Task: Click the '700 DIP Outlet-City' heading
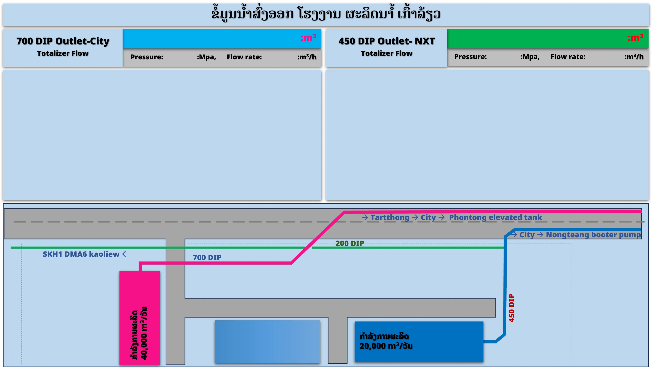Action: [x=63, y=41]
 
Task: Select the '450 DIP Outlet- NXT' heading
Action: [x=387, y=41]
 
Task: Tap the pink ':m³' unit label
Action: [x=308, y=38]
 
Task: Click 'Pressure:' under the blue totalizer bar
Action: [x=147, y=57]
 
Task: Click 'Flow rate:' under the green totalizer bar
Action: [x=568, y=57]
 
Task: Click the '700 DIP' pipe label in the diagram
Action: [x=207, y=258]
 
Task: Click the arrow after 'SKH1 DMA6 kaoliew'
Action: [x=125, y=254]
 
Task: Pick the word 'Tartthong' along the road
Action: [x=390, y=217]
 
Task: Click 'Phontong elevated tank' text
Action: [x=495, y=217]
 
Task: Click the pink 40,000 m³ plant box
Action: [x=140, y=318]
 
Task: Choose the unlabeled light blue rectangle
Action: [x=267, y=342]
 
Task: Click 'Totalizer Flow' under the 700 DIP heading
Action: [x=63, y=53]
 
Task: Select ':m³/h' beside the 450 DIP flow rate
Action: [x=634, y=57]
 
